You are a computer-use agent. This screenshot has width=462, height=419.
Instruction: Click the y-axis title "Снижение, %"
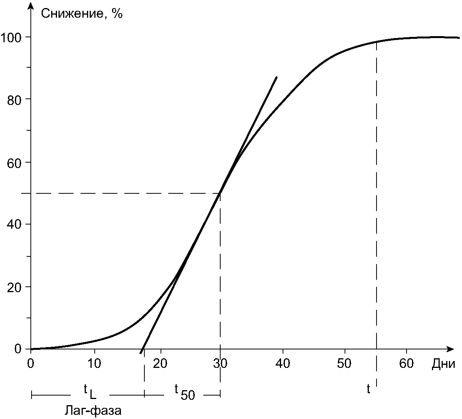(82, 14)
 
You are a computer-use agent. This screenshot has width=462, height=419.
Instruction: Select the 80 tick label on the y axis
(14, 100)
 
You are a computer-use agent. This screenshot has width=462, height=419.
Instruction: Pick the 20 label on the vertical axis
(14, 288)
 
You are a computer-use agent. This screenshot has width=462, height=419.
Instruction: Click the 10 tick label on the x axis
(94, 363)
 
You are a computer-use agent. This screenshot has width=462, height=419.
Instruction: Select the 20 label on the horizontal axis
(160, 363)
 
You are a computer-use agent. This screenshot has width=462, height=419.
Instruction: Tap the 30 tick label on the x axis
(220, 363)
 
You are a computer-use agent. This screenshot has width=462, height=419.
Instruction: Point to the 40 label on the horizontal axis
(283, 363)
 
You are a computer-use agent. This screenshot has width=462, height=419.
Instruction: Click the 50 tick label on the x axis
(344, 363)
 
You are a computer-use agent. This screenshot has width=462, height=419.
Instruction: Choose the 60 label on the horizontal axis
(406, 363)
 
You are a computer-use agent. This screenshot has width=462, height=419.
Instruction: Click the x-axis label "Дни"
(444, 364)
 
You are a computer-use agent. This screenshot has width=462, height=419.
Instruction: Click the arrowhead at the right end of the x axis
(450, 349)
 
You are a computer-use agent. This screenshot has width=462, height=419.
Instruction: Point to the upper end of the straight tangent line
(276, 77)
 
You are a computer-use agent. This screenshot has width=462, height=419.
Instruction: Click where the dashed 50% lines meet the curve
(220, 193)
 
